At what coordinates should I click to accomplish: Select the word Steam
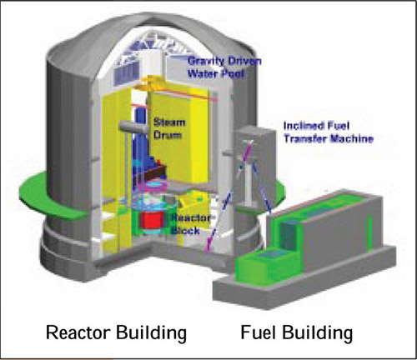(x=169, y=122)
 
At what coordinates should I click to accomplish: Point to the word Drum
(x=168, y=135)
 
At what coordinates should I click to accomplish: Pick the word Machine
(x=351, y=138)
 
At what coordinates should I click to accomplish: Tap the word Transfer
(x=305, y=138)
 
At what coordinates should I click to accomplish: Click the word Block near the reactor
(x=185, y=230)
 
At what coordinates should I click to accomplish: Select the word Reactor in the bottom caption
(x=78, y=332)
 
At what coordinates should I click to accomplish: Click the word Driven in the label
(x=244, y=61)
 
